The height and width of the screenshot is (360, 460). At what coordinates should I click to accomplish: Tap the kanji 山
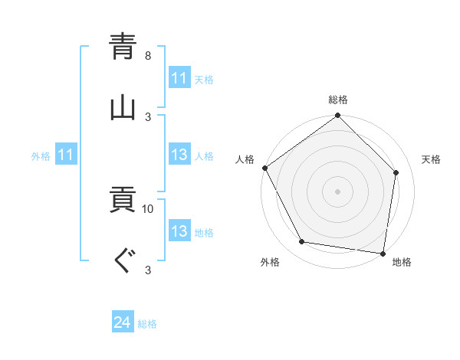pyautogui.click(x=123, y=106)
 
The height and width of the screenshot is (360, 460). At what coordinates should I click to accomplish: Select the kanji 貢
pyautogui.click(x=123, y=201)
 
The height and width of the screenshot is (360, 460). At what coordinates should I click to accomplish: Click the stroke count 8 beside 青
pyautogui.click(x=148, y=56)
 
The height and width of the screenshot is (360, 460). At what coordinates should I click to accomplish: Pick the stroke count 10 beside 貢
pyautogui.click(x=148, y=208)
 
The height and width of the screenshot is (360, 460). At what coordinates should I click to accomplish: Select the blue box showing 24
pyautogui.click(x=123, y=322)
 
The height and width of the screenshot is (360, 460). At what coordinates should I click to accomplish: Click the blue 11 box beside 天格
pyautogui.click(x=179, y=78)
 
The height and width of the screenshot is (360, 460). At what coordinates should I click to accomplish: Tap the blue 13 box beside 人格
pyautogui.click(x=179, y=155)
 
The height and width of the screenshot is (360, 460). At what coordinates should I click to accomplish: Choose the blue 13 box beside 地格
pyautogui.click(x=179, y=231)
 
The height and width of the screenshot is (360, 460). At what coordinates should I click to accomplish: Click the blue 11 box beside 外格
pyautogui.click(x=66, y=155)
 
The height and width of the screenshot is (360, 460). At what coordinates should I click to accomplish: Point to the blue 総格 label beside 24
pyautogui.click(x=147, y=324)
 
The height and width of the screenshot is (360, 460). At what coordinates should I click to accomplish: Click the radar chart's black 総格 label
pyautogui.click(x=338, y=100)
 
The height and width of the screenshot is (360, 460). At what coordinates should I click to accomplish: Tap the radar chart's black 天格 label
pyautogui.click(x=431, y=159)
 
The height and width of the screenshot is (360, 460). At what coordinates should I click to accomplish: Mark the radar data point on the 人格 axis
pyautogui.click(x=265, y=168)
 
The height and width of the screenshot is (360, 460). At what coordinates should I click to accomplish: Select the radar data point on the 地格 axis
pyautogui.click(x=383, y=253)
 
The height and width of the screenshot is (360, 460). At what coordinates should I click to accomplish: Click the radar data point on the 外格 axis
pyautogui.click(x=302, y=242)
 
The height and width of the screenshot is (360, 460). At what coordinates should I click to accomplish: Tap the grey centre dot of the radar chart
pyautogui.click(x=338, y=191)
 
